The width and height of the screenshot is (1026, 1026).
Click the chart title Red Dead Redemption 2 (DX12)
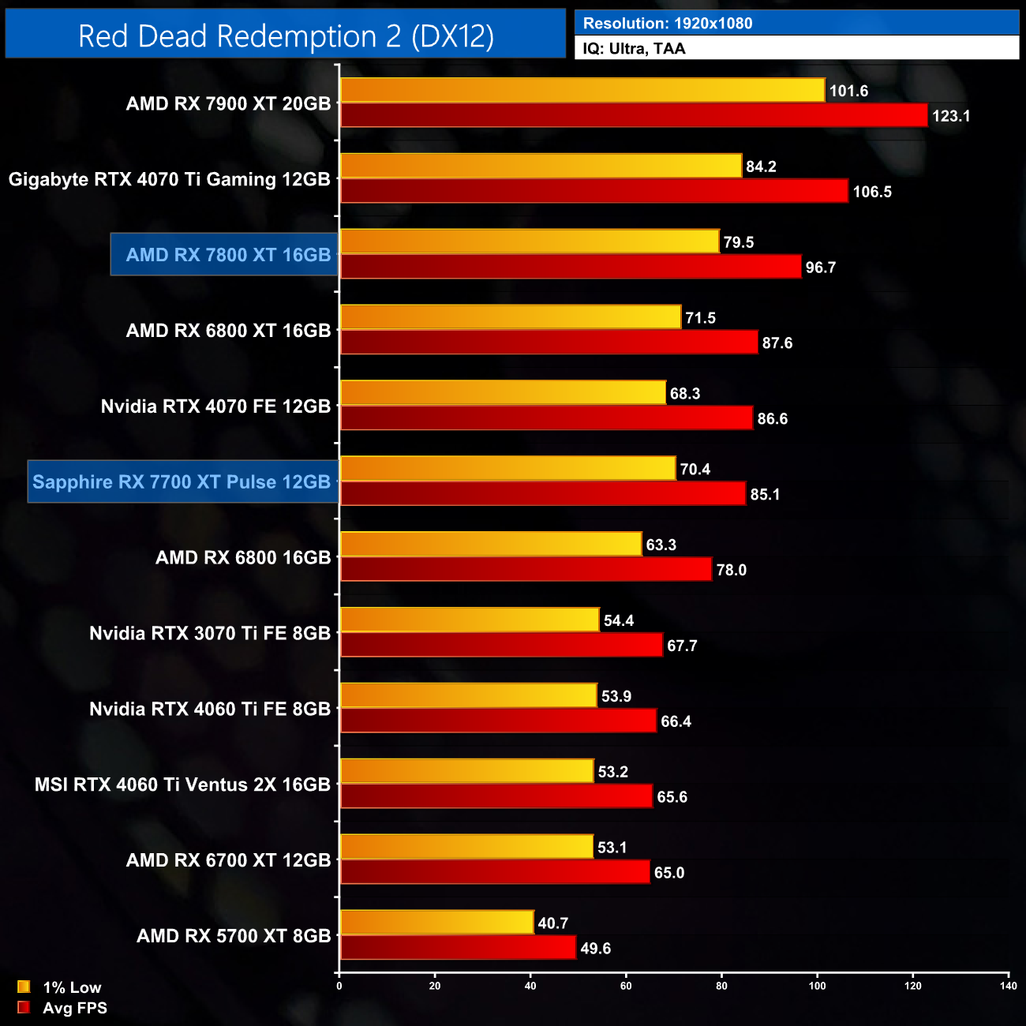pos(286,36)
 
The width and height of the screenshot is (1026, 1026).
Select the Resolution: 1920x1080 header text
pos(668,24)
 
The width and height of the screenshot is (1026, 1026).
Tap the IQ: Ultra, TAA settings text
pos(634,49)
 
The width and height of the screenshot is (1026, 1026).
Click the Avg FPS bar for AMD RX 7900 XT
pos(634,116)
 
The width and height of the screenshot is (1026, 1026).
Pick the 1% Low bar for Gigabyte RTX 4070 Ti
pos(541,166)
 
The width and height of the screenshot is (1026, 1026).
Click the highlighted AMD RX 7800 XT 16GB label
pos(228,255)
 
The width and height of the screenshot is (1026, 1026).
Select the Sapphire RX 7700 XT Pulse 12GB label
pos(182,482)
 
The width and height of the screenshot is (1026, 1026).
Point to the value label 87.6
pos(777,343)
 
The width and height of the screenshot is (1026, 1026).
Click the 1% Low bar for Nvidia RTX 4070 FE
pos(503,393)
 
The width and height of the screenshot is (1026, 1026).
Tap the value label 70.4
pos(695,470)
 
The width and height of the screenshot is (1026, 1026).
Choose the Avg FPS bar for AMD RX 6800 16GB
pos(526,570)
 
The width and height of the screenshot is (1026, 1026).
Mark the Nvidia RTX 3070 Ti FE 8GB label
pos(209,634)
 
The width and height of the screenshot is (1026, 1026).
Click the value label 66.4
pos(676,721)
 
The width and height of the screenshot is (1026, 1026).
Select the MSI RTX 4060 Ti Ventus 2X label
pos(182,785)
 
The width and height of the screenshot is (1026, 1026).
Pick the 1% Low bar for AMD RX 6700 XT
pos(466,847)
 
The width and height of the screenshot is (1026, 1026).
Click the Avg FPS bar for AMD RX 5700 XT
pos(458,948)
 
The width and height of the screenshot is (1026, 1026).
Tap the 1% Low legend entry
pos(60,987)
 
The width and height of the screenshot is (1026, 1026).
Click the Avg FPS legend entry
pos(62,1008)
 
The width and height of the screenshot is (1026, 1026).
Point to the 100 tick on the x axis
pos(817,986)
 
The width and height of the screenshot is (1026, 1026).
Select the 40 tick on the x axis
pos(530,986)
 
